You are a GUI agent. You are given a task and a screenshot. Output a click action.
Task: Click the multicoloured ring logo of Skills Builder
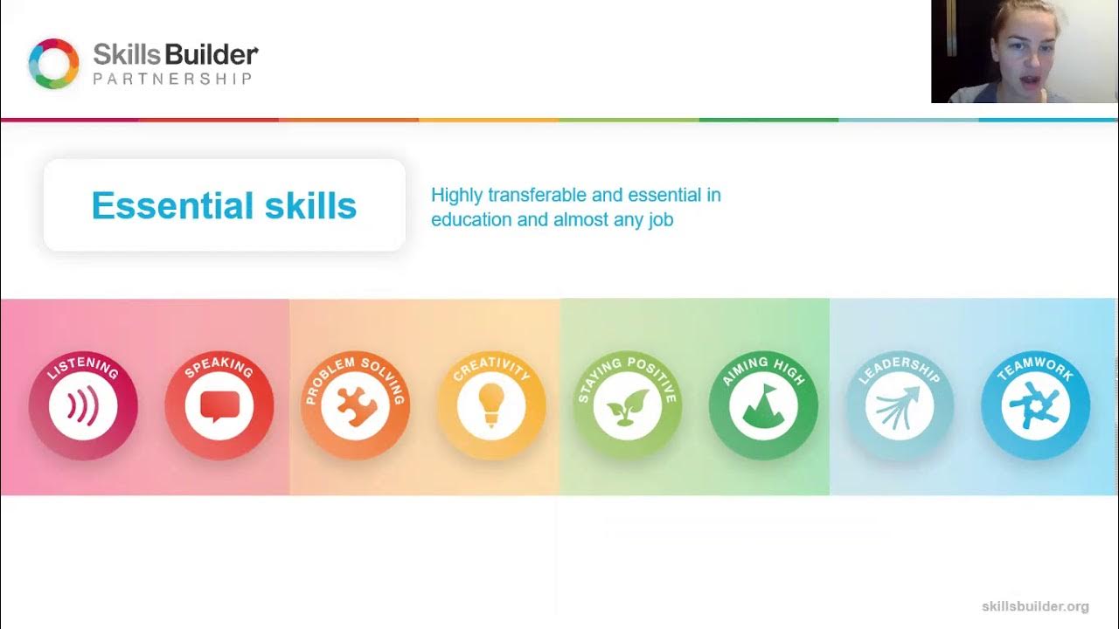(x=54, y=64)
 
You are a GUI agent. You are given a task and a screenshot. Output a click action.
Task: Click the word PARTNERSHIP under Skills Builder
(x=173, y=79)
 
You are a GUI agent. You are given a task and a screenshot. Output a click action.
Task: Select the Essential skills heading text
(x=224, y=206)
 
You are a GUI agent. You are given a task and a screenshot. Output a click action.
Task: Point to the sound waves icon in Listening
(x=82, y=406)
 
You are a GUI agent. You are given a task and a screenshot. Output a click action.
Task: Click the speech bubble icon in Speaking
(x=219, y=406)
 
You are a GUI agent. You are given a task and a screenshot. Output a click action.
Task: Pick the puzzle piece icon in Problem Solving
(x=355, y=406)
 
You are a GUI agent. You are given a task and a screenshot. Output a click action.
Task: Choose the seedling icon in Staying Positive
(x=627, y=407)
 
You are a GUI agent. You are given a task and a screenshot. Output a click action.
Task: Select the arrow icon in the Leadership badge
(x=899, y=406)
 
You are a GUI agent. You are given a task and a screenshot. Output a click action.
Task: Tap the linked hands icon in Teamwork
(x=1035, y=406)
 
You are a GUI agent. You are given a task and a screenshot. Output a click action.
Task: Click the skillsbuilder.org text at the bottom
(x=1035, y=606)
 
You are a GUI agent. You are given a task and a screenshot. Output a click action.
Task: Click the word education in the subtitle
(x=471, y=219)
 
